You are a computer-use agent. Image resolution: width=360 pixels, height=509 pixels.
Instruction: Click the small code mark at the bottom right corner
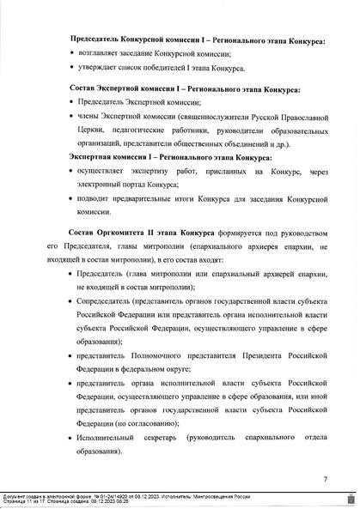351,499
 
